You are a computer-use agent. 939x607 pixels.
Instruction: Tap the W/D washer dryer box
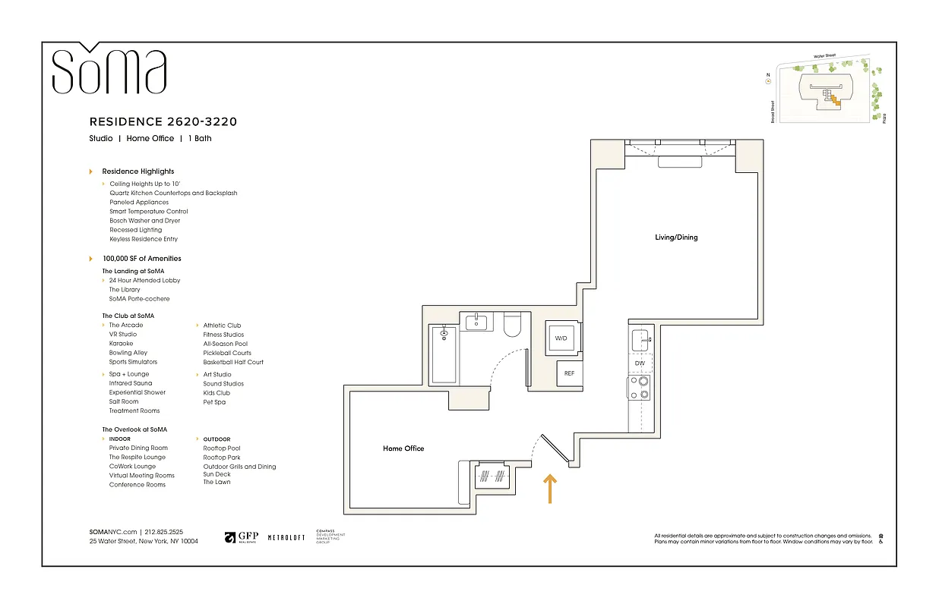click(x=562, y=338)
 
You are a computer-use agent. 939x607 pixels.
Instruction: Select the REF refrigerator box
click(x=569, y=373)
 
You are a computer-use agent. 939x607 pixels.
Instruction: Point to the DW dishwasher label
click(x=640, y=363)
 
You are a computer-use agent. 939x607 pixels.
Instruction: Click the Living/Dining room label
click(x=675, y=237)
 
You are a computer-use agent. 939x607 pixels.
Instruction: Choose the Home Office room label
click(x=403, y=448)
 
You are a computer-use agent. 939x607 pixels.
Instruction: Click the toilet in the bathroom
click(x=511, y=324)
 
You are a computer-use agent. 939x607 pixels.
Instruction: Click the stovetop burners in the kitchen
click(x=643, y=388)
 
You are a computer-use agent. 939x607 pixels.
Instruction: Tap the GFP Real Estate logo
click(x=242, y=537)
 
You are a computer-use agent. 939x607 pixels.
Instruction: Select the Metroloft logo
click(x=286, y=537)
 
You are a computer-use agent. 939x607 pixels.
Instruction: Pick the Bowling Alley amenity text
click(x=128, y=353)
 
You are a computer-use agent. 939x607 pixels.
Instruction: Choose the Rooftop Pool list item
click(x=221, y=448)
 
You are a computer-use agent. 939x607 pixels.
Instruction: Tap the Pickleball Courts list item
click(x=227, y=353)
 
